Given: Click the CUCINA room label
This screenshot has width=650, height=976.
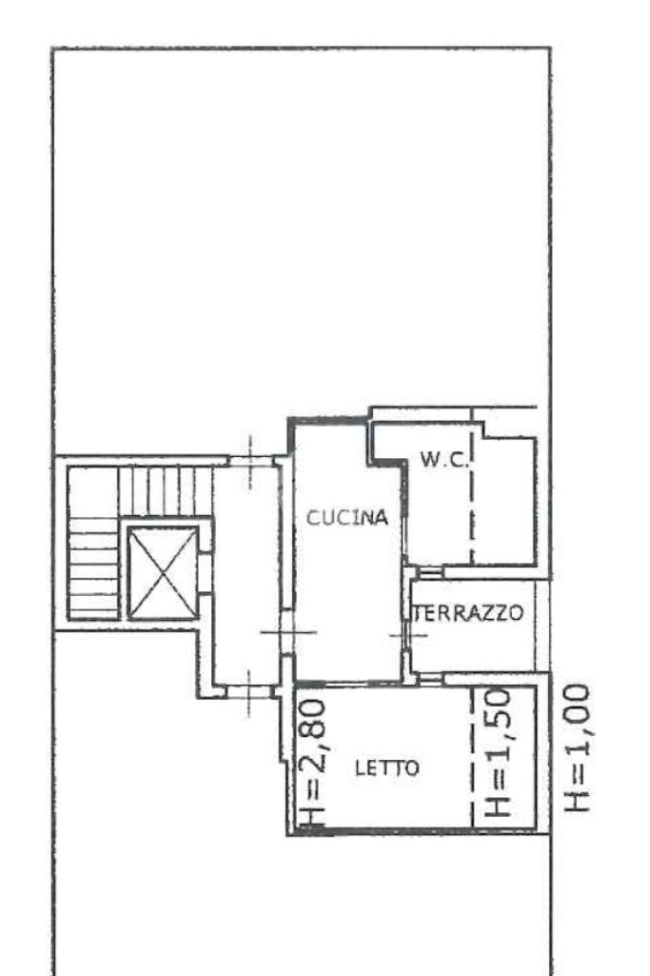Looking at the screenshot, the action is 347,517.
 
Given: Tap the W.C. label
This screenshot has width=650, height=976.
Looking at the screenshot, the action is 443,460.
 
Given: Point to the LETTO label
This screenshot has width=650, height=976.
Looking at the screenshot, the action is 387,768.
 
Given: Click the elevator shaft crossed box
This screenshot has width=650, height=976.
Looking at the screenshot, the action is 163,572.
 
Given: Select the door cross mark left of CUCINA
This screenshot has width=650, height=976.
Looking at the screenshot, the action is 287,632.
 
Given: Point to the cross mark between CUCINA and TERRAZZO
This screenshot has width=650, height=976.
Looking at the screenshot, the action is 407,635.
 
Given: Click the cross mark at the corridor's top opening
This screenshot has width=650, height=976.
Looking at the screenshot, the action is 250,462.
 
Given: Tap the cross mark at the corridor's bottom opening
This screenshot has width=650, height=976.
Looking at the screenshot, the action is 248,691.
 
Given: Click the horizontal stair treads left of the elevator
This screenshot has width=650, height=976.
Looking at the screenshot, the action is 92,568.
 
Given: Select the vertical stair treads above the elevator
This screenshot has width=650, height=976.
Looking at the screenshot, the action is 165,491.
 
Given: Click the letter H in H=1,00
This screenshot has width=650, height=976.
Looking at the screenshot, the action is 578,801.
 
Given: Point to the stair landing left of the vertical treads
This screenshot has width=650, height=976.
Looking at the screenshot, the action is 92,491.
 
